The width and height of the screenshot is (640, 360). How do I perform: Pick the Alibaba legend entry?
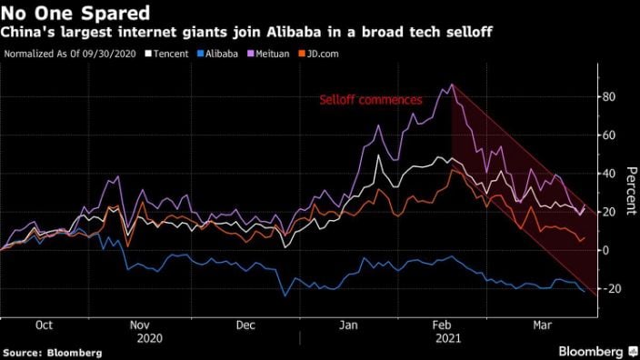click(x=219, y=54)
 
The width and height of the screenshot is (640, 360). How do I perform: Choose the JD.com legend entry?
click(x=325, y=54)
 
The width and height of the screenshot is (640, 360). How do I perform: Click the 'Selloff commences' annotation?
click(x=370, y=100)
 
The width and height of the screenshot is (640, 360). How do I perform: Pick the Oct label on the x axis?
click(x=44, y=325)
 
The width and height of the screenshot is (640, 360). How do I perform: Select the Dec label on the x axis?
click(x=245, y=325)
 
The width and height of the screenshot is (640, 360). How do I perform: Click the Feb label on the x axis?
click(x=442, y=325)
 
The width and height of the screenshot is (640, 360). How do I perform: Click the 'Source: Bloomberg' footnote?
click(x=52, y=352)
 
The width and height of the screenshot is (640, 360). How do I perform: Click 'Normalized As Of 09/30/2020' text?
click(x=72, y=54)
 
